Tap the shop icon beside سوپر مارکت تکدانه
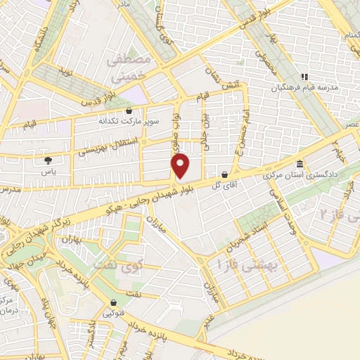click(x=128, y=110)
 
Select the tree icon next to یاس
click(x=47, y=162)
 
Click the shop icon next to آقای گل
click(x=224, y=174)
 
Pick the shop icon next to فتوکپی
click(x=112, y=305)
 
